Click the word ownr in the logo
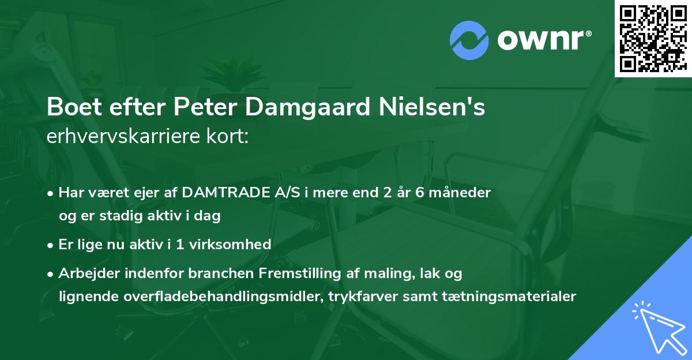point(543,39)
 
